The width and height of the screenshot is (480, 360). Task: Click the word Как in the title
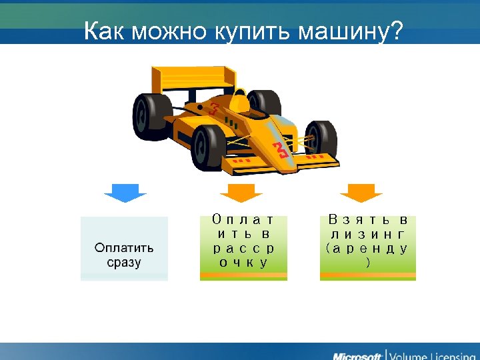click(x=105, y=31)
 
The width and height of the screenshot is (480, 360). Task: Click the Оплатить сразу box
click(x=124, y=249)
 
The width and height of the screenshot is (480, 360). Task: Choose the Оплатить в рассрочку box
click(x=243, y=247)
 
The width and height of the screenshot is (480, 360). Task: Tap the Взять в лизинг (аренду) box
click(x=367, y=247)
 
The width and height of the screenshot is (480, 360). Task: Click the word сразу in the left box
click(x=124, y=262)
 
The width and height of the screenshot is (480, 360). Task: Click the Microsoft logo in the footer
click(x=357, y=354)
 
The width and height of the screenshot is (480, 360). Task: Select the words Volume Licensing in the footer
click(x=431, y=354)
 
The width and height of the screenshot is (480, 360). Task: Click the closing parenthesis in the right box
click(x=368, y=262)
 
